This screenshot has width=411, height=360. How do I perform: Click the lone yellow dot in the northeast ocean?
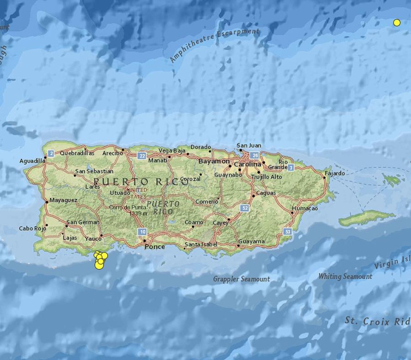click(397, 22)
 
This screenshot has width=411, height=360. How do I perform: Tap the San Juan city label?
click(249, 146)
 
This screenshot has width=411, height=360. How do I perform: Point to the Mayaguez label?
click(63, 200)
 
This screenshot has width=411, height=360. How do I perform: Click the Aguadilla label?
click(32, 161)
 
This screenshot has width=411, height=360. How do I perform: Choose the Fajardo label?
click(335, 173)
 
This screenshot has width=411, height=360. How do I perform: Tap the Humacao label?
click(305, 208)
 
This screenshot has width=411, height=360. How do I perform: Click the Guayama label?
click(251, 241)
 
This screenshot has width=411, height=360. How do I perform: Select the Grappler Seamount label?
click(242, 279)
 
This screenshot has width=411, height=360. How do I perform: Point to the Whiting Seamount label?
click(345, 276)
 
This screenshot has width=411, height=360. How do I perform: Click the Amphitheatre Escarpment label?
click(215, 44)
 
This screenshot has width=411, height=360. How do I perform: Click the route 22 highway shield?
click(142, 156)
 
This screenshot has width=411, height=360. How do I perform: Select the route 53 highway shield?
click(287, 232)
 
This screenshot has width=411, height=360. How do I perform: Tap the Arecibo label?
click(113, 153)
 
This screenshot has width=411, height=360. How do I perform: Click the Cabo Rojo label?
click(32, 229)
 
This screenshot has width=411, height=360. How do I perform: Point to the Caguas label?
click(266, 193)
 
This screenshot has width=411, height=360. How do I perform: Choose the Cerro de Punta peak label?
click(126, 208)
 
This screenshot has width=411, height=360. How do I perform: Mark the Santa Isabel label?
click(199, 245)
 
